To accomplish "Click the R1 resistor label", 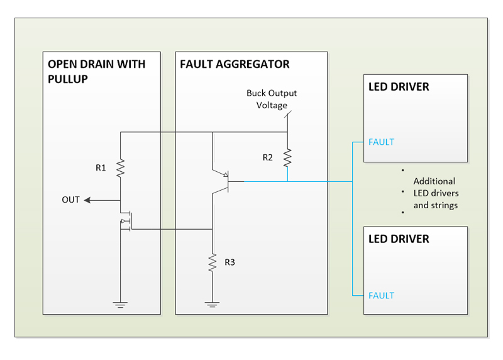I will click(101, 168).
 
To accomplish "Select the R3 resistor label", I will click(229, 262).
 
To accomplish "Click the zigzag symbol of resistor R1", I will click(119, 168).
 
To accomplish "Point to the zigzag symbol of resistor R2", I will click(287, 157).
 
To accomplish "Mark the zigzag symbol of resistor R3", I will click(213, 261).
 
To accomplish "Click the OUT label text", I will click(70, 200).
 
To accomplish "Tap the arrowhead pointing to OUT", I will click(88, 200).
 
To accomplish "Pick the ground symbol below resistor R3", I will click(213, 305).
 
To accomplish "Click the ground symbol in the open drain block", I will click(119, 305).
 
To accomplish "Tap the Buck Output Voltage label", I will click(272, 99).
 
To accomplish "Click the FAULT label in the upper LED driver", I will click(381, 142).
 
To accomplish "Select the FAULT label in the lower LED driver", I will click(381, 295).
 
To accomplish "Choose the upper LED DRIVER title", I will click(399, 86).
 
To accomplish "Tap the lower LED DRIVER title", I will click(399, 239).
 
